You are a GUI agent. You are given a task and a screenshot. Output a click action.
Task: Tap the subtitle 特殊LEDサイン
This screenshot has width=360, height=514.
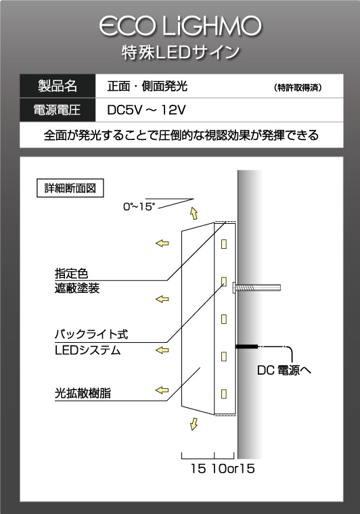click(181, 53)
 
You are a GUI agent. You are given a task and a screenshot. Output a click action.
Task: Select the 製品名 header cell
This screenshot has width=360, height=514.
click(58, 86)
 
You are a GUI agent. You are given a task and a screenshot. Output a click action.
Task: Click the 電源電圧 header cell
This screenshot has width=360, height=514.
click(58, 110)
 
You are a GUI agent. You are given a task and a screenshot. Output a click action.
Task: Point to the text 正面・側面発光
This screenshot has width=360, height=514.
click(148, 86)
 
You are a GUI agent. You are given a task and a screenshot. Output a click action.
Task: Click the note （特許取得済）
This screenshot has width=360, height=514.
click(298, 88)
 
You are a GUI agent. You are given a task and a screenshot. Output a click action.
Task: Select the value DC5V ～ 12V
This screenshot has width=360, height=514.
click(146, 110)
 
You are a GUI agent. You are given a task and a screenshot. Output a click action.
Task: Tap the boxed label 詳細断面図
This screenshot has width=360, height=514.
click(70, 188)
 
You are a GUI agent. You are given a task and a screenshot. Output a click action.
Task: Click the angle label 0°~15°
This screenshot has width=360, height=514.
click(139, 207)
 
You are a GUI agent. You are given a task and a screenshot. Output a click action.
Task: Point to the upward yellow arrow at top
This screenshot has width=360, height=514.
click(194, 214)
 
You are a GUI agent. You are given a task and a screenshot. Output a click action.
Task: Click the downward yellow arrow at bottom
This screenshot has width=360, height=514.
click(194, 424)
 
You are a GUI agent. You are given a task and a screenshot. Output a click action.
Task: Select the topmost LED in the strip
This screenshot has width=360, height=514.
click(224, 244)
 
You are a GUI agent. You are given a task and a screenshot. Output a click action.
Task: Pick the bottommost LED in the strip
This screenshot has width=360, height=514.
click(224, 394)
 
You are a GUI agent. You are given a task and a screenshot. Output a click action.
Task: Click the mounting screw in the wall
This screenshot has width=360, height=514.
click(256, 288)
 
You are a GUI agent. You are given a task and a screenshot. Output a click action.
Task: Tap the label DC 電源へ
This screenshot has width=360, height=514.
click(284, 371)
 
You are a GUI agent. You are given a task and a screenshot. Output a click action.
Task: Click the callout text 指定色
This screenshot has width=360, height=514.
click(72, 273)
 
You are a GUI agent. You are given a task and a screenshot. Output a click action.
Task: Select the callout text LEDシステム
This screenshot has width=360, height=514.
click(88, 350)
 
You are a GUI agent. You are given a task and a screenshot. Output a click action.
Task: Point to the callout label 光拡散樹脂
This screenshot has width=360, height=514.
click(83, 394)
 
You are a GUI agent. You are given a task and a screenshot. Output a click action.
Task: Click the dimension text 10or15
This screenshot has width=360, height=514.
click(233, 469)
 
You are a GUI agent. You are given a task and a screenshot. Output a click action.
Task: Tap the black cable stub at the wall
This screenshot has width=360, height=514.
click(246, 346)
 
